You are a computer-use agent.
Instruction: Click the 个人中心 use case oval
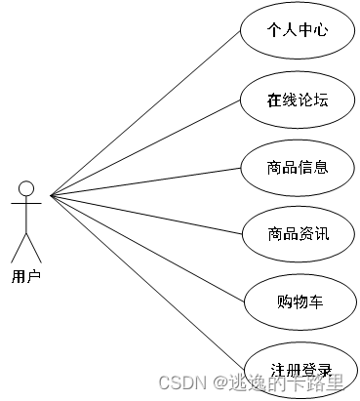point(297,30)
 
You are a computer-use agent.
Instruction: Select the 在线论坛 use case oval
point(297,99)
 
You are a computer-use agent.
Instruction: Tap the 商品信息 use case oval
point(297,166)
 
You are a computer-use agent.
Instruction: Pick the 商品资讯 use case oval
point(297,233)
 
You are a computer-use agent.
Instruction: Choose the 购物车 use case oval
point(297,301)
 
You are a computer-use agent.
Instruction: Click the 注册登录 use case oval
point(297,368)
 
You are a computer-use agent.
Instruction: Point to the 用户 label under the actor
point(26,276)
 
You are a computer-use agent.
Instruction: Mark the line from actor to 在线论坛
point(146,146)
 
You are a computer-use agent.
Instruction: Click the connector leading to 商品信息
point(146,180)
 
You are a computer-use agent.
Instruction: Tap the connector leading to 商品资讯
point(146,214)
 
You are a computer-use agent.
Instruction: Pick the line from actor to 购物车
point(146,248)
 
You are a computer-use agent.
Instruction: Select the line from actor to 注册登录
point(146,282)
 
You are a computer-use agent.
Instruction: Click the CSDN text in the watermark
point(179,381)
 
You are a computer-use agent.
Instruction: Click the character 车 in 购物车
point(315,301)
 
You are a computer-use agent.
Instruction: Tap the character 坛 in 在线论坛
point(320,99)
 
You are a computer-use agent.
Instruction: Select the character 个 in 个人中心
point(274,30)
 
